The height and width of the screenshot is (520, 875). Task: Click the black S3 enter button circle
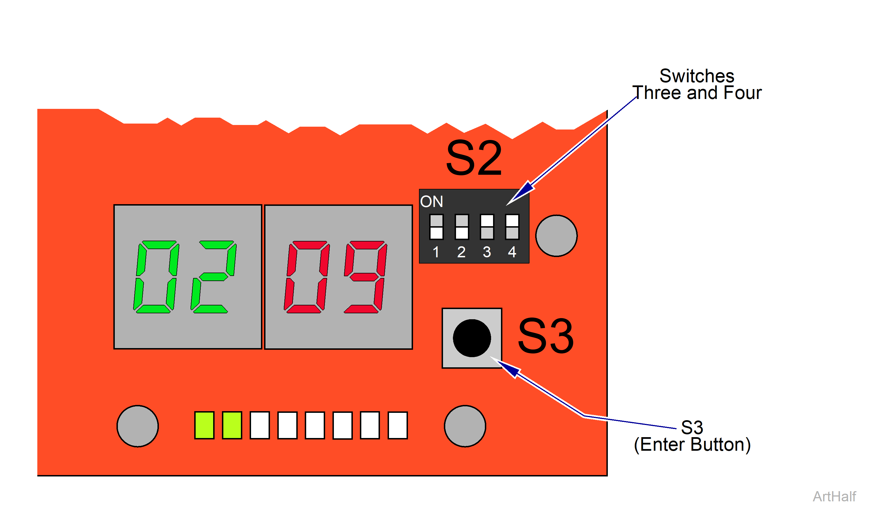pyautogui.click(x=472, y=338)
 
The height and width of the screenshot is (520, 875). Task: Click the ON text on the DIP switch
pyautogui.click(x=431, y=202)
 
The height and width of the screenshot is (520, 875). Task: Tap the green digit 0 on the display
pyautogui.click(x=156, y=277)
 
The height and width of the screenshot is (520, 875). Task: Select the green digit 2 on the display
pyautogui.click(x=213, y=277)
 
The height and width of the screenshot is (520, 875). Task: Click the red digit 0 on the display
pyautogui.click(x=307, y=277)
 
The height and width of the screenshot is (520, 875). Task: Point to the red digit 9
pyautogui.click(x=365, y=277)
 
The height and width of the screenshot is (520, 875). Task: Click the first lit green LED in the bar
pyautogui.click(x=204, y=425)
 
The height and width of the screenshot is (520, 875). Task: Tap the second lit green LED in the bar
pyautogui.click(x=232, y=425)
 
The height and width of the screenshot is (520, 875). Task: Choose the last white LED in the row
pyautogui.click(x=397, y=425)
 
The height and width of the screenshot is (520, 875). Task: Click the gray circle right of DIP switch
pyautogui.click(x=556, y=236)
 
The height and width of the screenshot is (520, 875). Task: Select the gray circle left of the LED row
pyautogui.click(x=138, y=426)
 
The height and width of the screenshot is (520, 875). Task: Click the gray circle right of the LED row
pyautogui.click(x=465, y=426)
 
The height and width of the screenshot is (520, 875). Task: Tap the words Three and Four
pyautogui.click(x=697, y=93)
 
